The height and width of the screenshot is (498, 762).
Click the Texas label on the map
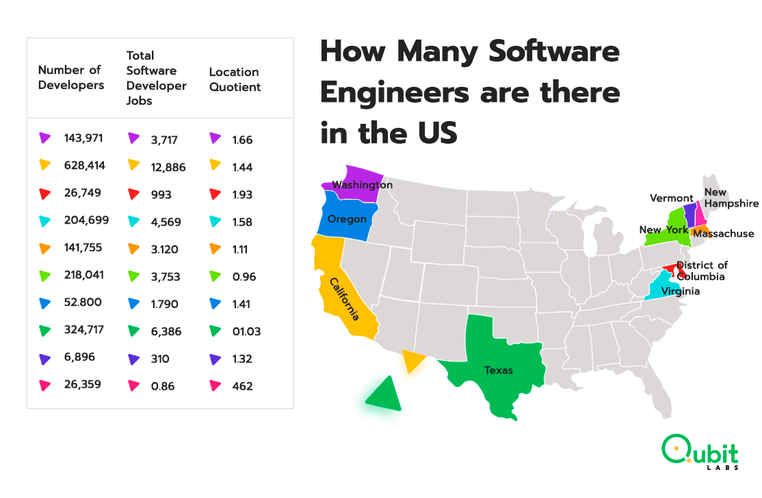click(x=499, y=370)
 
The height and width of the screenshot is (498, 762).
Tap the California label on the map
click(x=345, y=299)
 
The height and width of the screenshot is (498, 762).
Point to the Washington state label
click(x=362, y=185)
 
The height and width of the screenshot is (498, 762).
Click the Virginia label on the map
click(x=680, y=291)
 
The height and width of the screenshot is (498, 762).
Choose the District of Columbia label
click(x=701, y=271)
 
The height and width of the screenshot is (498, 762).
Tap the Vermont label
click(x=671, y=198)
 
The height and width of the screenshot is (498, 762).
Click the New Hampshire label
click(x=731, y=198)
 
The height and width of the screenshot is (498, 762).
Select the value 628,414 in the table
click(x=86, y=166)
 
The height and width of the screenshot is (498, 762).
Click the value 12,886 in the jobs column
click(x=168, y=167)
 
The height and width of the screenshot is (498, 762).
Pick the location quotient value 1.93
click(x=241, y=194)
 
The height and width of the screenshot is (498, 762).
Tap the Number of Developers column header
click(x=71, y=77)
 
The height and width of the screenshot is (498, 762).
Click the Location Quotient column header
click(x=235, y=79)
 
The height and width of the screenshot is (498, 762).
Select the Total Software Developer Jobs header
click(x=156, y=77)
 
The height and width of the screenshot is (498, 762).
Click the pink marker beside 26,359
click(x=45, y=385)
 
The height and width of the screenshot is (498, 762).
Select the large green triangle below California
click(x=385, y=394)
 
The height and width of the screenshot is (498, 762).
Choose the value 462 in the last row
click(x=242, y=386)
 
